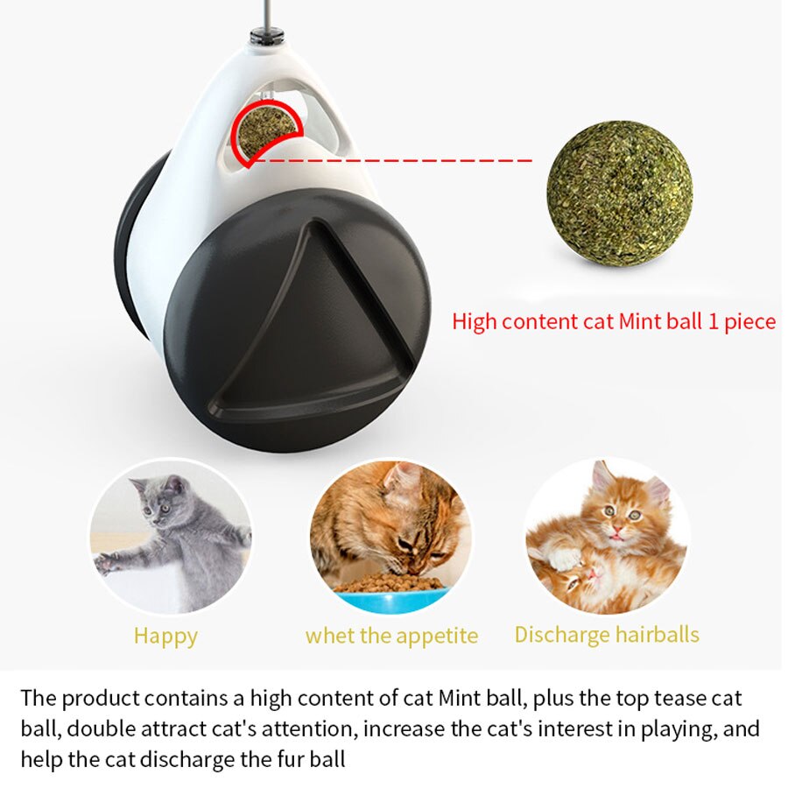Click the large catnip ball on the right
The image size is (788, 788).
(x=619, y=193)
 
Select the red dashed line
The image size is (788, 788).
(x=394, y=160)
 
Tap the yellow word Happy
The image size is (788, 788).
(x=165, y=636)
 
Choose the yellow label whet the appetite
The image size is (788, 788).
(x=391, y=636)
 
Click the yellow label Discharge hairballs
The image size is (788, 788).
(x=607, y=635)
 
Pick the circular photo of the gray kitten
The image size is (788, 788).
(x=170, y=536)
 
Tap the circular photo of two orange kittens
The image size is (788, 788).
(x=607, y=535)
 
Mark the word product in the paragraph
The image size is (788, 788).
(x=96, y=698)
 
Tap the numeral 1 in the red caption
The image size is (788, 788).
(x=714, y=321)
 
